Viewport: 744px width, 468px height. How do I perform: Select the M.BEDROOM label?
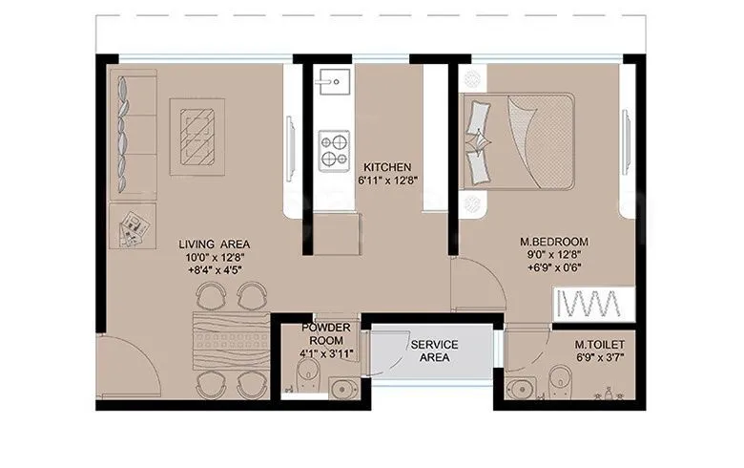(x=554, y=241)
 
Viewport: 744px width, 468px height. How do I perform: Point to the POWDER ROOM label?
(x=326, y=334)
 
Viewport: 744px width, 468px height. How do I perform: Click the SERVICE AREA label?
(x=434, y=351)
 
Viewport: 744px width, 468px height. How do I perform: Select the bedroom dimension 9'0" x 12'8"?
(x=554, y=255)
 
